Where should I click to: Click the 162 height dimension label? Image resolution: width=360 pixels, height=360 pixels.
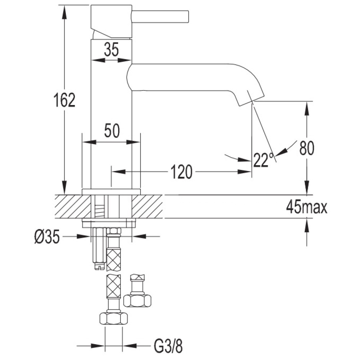pos(64,100)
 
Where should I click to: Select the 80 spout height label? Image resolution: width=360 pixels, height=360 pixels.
pos(306,148)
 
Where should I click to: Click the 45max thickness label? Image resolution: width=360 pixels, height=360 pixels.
pos(306,207)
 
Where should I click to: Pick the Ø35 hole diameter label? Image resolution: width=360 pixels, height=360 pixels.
pos(47,237)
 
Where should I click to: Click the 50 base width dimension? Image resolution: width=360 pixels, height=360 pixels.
pos(112,131)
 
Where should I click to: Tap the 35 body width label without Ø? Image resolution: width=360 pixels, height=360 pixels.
pos(111,49)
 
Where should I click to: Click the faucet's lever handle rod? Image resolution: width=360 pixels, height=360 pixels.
pos(160,17)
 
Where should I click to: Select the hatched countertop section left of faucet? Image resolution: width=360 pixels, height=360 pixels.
pos(73,206)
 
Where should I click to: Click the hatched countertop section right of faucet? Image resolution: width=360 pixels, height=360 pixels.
pos(147,206)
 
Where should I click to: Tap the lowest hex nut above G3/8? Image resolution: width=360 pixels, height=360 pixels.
pos(114,319)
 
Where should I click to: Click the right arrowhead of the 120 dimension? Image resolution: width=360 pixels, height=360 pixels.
pos(244,171)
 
